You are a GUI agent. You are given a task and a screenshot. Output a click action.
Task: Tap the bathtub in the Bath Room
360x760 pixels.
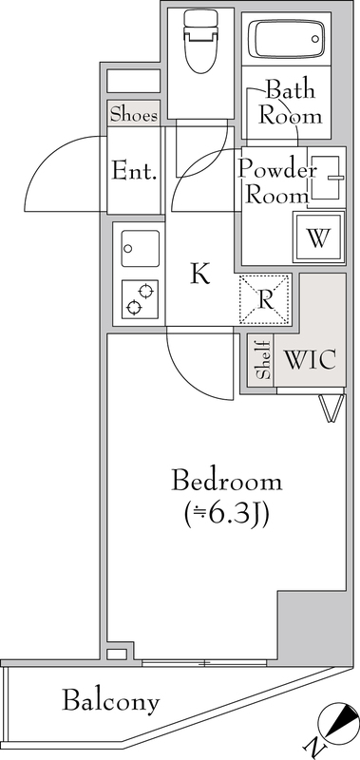[x=285, y=40]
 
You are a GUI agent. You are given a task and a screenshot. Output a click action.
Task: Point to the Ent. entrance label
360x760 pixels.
[x=134, y=172]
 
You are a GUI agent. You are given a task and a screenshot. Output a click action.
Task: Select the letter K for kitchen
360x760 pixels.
[x=199, y=275]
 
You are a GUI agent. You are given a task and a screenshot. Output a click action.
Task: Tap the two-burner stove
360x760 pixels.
[x=139, y=297]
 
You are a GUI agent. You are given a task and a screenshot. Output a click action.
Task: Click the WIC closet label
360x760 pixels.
[x=310, y=361]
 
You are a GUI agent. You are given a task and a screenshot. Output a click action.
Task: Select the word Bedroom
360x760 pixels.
[x=227, y=481]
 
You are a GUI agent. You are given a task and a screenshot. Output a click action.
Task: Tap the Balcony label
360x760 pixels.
[x=110, y=703]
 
